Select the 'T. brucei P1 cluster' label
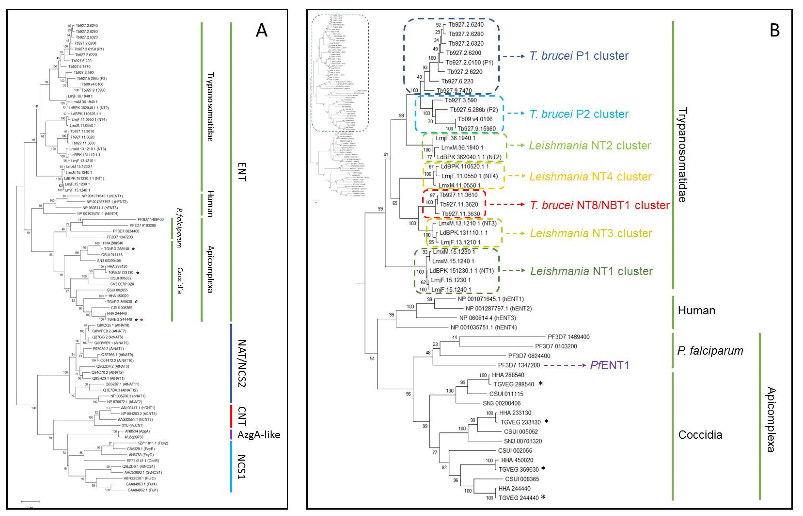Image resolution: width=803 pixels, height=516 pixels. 579,56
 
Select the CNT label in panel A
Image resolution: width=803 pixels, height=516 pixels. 242,416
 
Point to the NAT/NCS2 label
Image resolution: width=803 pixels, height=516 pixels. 242,364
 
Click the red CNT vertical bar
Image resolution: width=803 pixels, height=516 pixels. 231,416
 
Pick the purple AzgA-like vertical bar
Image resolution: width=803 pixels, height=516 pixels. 231,435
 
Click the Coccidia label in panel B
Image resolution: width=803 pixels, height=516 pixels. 700,435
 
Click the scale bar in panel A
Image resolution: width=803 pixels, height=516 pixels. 30,502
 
